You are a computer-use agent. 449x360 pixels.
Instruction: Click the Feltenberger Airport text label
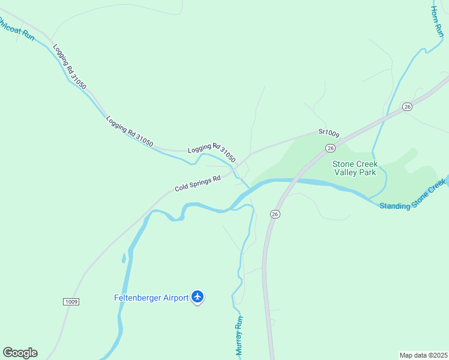tap(152, 298)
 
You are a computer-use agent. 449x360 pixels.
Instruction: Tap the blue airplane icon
tap(198, 297)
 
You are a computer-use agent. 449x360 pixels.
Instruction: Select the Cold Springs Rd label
tap(197, 183)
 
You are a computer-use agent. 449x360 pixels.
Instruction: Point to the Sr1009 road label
tap(329, 132)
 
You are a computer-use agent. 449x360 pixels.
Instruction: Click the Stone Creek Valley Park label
tap(354, 168)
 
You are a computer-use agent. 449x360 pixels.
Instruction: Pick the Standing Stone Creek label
tap(414, 197)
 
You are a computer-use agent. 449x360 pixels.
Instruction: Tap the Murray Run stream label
tap(239, 335)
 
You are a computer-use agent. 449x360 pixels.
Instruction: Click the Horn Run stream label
tap(436, 23)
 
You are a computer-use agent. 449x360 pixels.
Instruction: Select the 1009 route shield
tap(70, 301)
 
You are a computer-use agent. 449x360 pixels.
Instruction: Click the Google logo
tap(20, 353)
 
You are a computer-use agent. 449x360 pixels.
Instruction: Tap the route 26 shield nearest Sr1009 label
tap(330, 148)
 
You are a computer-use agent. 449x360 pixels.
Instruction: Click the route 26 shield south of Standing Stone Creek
tap(275, 214)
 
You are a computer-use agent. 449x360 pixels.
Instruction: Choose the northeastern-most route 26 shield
tap(407, 106)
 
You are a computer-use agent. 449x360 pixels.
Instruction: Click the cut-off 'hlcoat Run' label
tap(17, 29)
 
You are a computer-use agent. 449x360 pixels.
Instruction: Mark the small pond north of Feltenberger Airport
tap(124, 258)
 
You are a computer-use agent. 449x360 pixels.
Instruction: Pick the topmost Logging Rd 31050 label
tap(69, 67)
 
